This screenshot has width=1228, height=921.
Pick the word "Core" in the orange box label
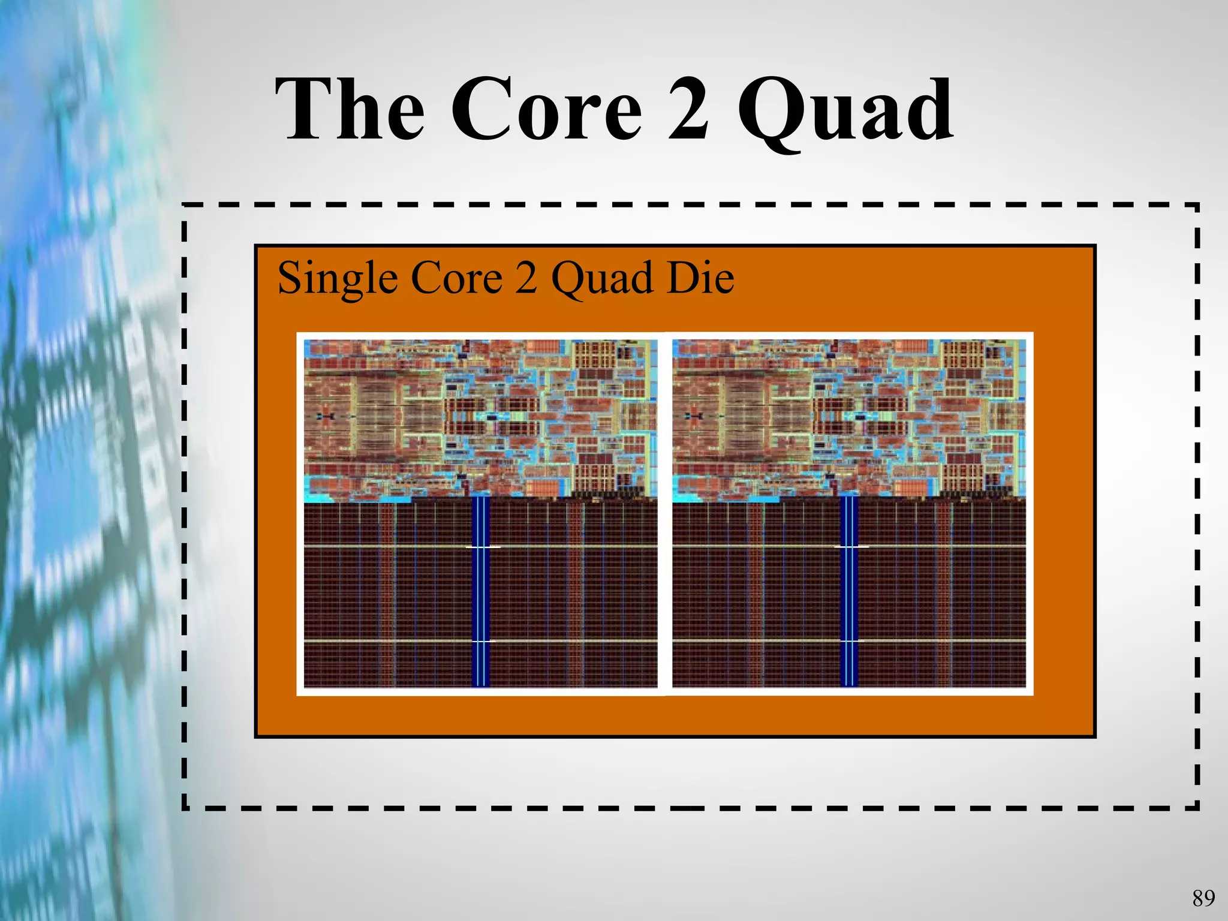tap(457, 278)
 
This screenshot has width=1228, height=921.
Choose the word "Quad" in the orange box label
tap(602, 279)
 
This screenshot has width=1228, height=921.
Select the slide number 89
tap(1203, 898)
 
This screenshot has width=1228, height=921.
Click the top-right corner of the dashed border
tap(1196, 206)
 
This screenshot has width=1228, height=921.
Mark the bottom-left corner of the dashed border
tap(185, 808)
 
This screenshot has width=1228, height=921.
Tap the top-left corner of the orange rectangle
tap(257, 246)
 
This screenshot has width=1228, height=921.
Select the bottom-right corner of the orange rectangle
tap(1094, 736)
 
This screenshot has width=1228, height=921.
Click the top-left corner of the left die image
tap(305, 340)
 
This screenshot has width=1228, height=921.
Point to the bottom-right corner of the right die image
tap(1025, 687)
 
